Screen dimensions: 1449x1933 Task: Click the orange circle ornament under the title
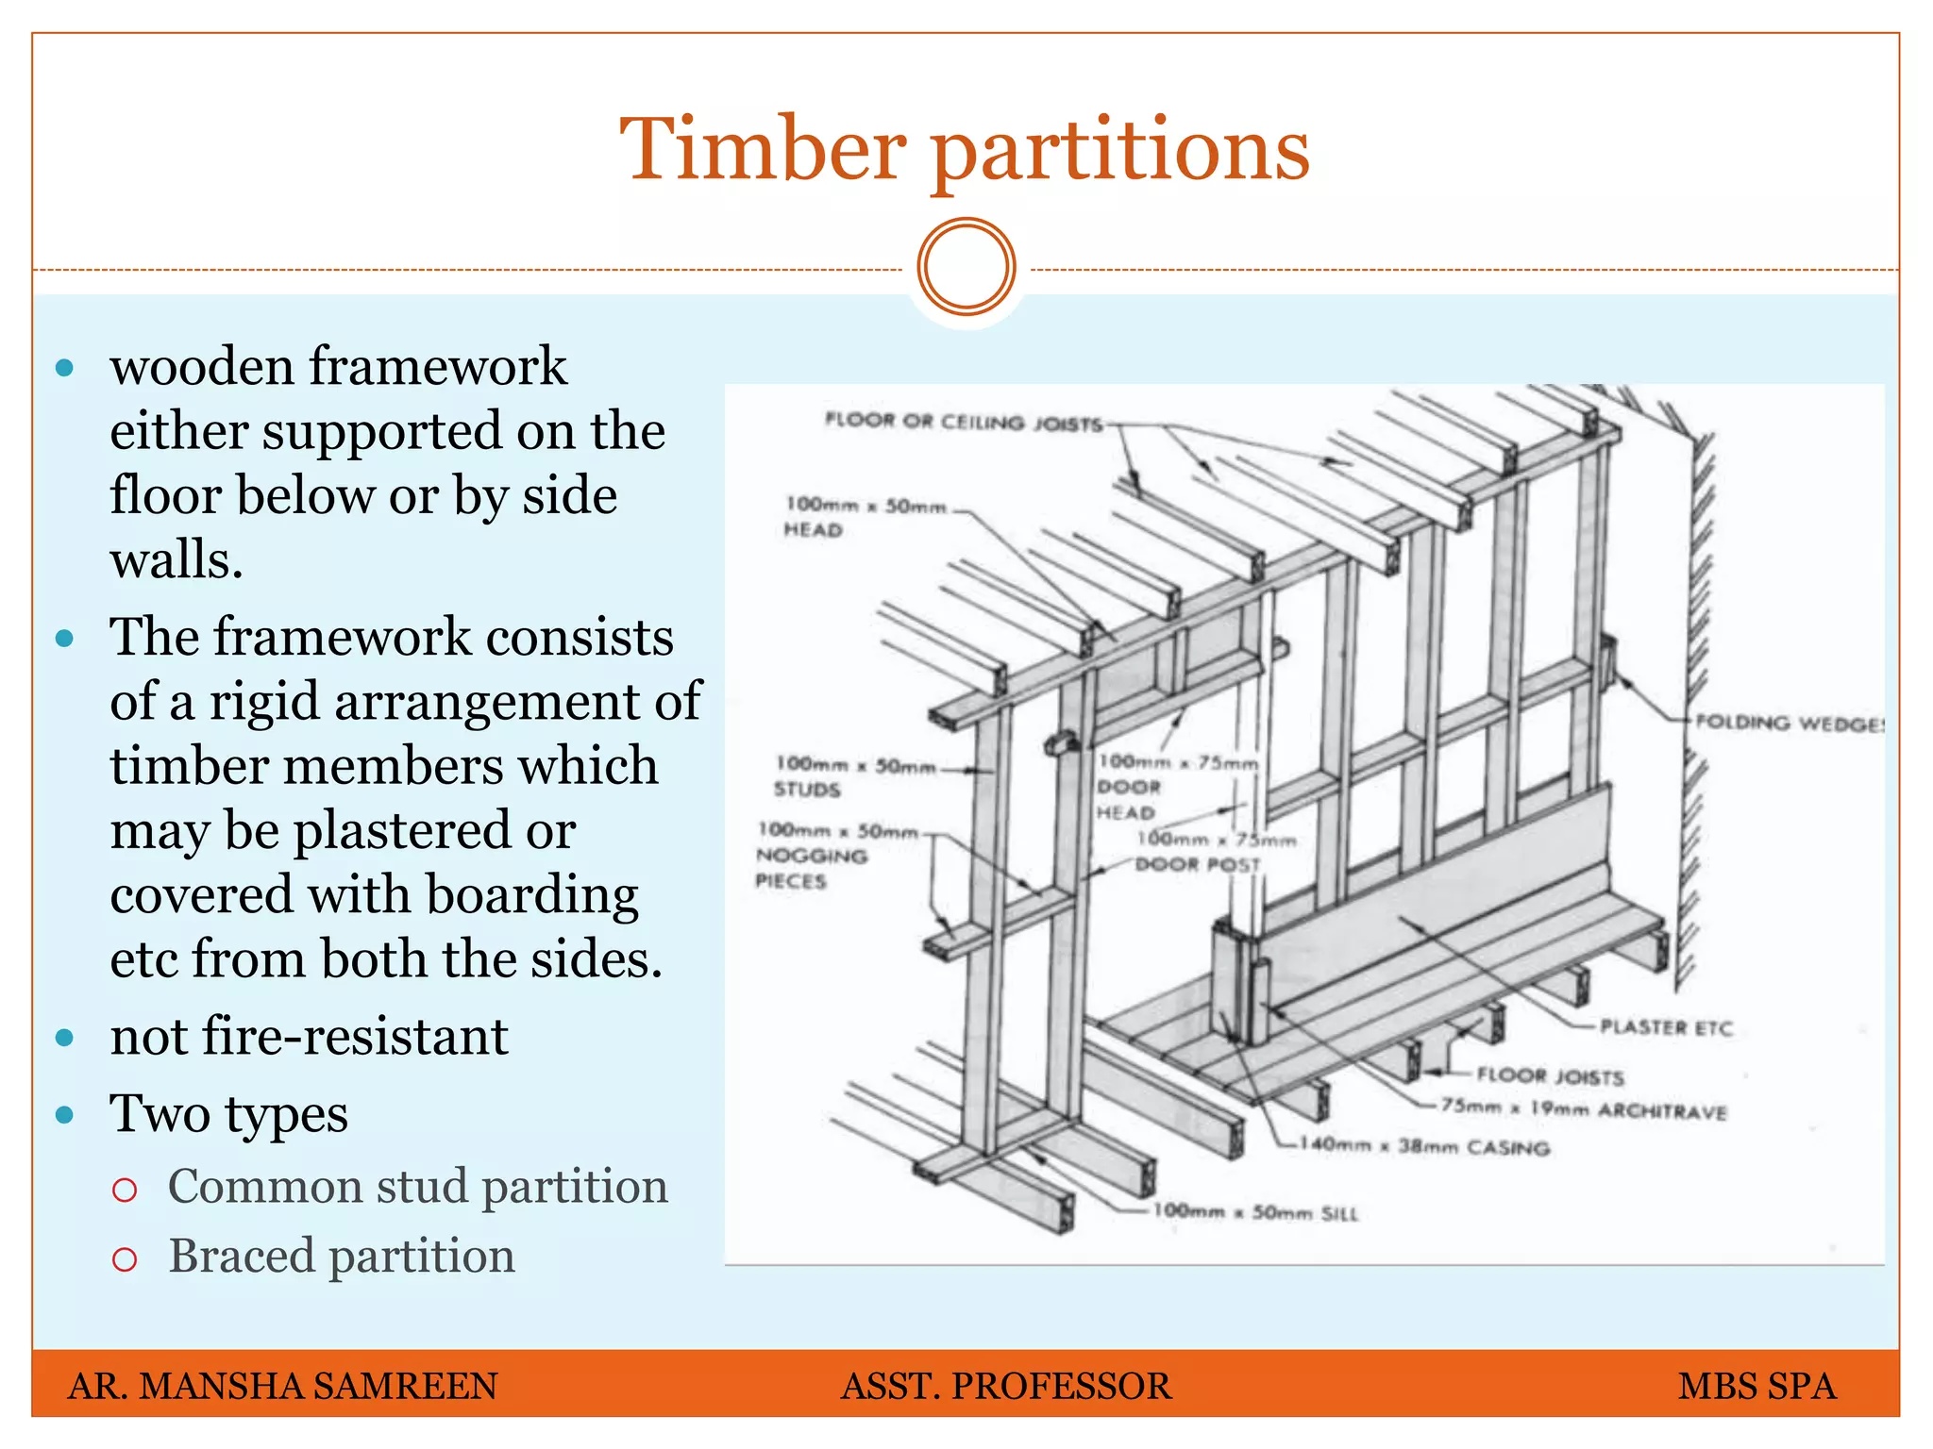[x=966, y=267]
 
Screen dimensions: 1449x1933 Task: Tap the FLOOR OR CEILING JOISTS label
[x=963, y=422]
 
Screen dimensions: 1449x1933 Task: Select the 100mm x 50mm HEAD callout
[x=864, y=517]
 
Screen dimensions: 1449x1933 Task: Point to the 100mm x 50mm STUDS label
[x=854, y=775]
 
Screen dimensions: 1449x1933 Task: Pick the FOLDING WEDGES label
[x=1789, y=724]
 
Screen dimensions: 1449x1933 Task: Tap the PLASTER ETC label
[x=1666, y=1027]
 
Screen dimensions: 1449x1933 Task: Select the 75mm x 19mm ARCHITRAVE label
[x=1583, y=1109]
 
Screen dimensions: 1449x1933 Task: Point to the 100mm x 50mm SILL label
[x=1255, y=1212]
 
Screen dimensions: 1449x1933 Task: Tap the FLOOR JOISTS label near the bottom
[x=1549, y=1075]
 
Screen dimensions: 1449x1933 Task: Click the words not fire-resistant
[x=309, y=1036]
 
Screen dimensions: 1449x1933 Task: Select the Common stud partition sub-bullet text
[x=417, y=1186]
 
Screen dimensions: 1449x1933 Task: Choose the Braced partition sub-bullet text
[x=341, y=1256]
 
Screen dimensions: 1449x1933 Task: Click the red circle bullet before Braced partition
[x=125, y=1259]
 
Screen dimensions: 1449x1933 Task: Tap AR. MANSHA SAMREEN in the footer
[x=282, y=1386]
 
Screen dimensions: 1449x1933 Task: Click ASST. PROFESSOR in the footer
[x=1005, y=1386]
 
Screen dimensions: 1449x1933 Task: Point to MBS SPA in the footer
[x=1757, y=1386]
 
